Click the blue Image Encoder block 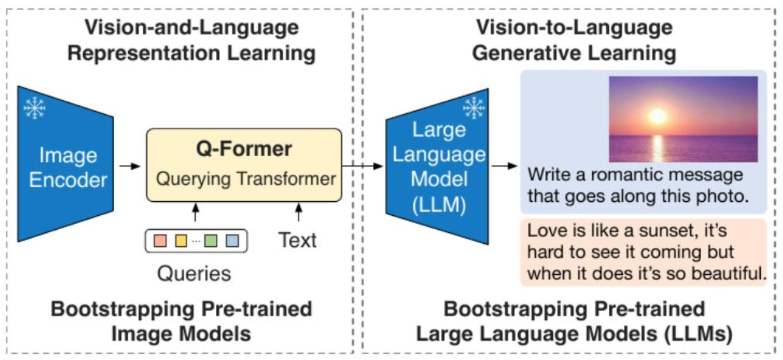point(65,165)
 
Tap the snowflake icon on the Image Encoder point(34,107)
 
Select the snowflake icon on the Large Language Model point(473,107)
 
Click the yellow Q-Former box point(244,165)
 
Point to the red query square point(160,240)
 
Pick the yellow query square point(181,240)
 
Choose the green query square point(211,240)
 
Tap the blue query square point(232,240)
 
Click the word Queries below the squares point(194,274)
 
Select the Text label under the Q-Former point(297,240)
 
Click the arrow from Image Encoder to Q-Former point(129,166)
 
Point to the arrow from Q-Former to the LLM point(363,166)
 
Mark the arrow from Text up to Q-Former point(299,212)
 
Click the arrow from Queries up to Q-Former point(196,212)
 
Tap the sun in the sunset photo point(658,116)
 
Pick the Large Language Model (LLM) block point(438,167)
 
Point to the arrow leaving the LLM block point(504,166)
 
